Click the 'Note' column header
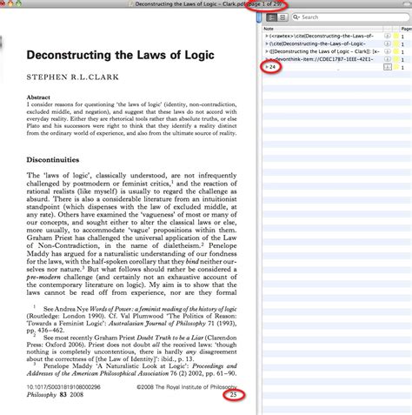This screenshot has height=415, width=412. point(271,29)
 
